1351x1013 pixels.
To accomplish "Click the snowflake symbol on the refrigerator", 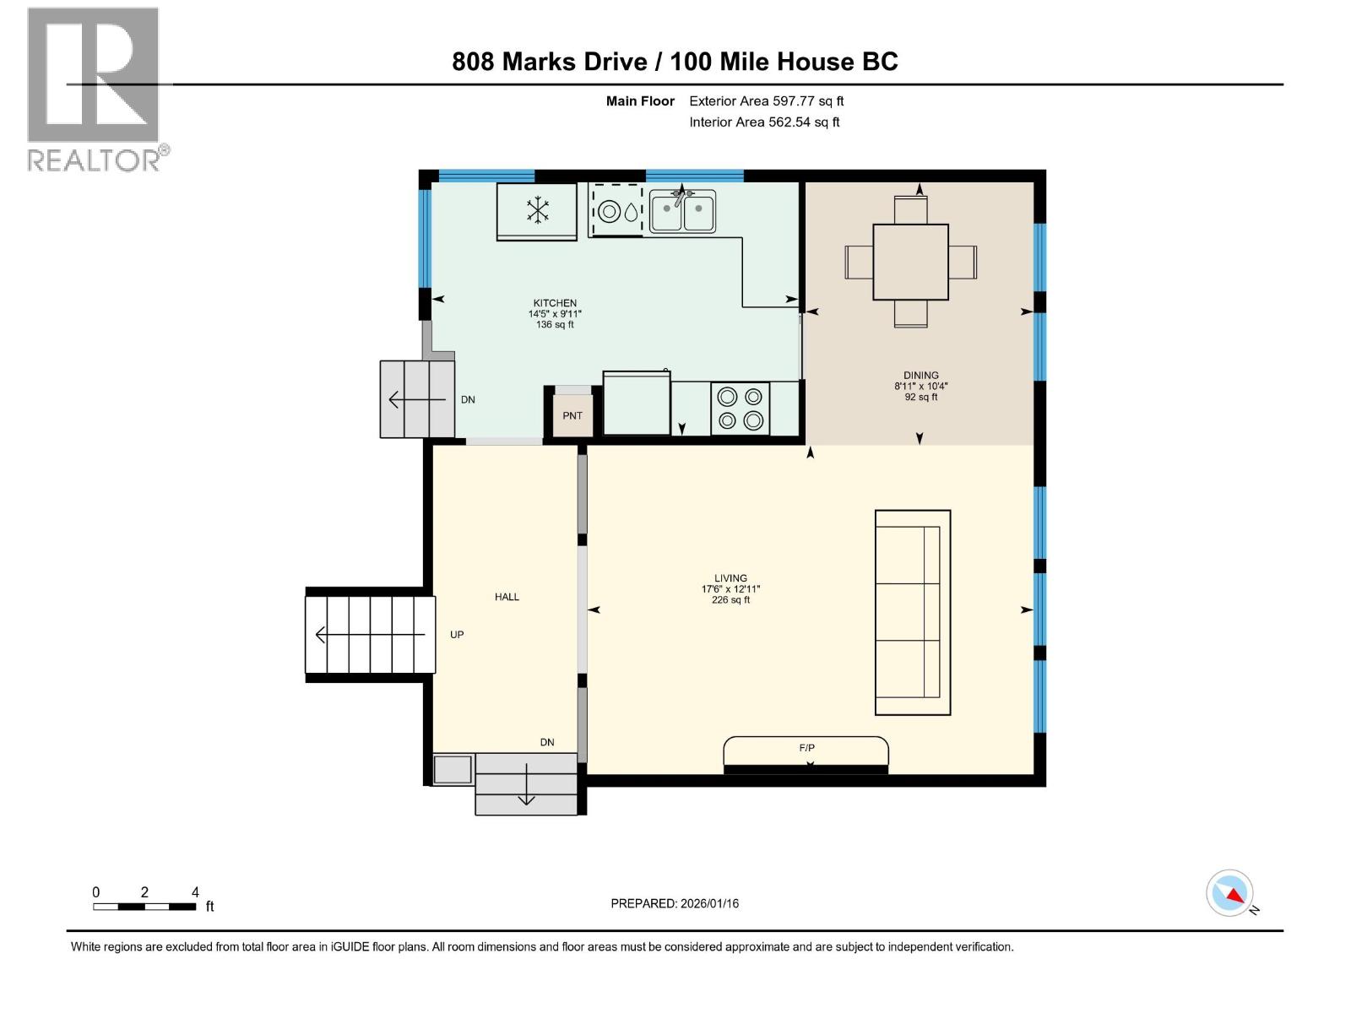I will (x=538, y=210).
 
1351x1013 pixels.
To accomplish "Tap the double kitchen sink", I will (x=682, y=212).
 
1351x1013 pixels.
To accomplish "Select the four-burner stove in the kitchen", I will (x=740, y=409).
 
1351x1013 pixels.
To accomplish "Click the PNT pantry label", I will (x=572, y=415).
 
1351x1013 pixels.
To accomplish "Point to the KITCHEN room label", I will (x=555, y=303).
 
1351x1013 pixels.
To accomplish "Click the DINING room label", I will (x=920, y=376).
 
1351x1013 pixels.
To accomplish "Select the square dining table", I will (x=910, y=262).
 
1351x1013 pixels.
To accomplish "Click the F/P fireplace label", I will (x=806, y=748).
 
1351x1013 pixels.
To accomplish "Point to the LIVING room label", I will (x=730, y=578).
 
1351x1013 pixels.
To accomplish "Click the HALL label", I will (x=507, y=597).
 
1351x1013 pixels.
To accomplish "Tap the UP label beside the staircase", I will (x=457, y=635).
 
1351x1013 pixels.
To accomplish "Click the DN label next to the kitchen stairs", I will (x=468, y=400).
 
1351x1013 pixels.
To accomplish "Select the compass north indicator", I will (x=1231, y=894).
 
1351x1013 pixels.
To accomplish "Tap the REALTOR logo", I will (x=95, y=89).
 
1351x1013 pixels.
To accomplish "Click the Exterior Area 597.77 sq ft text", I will (x=766, y=101).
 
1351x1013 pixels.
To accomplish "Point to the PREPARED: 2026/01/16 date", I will (x=675, y=903).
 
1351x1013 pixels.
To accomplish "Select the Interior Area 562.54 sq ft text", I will (x=764, y=122).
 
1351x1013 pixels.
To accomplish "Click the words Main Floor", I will (x=640, y=101).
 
